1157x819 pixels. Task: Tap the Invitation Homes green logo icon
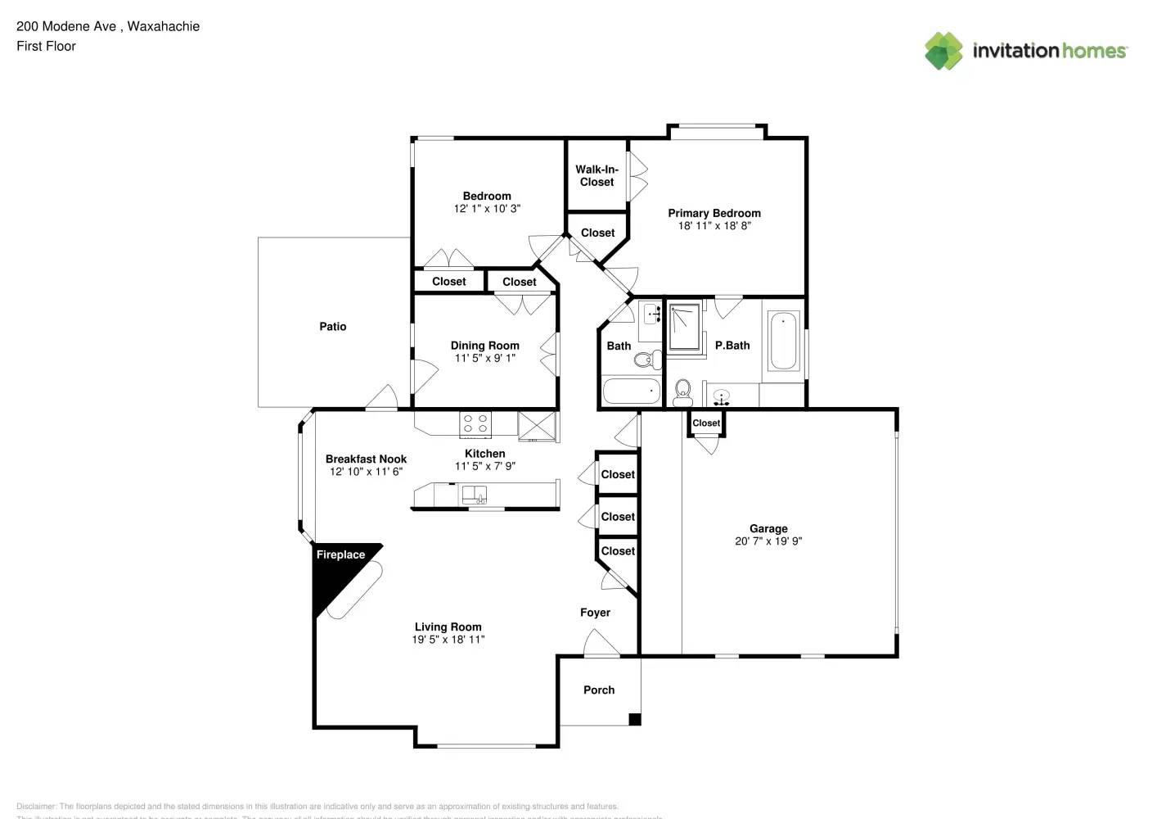tap(943, 51)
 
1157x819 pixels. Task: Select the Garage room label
tap(768, 529)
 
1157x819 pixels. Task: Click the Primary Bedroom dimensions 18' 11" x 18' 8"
tap(714, 226)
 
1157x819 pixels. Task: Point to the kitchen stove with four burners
tap(475, 423)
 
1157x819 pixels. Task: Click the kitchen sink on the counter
tap(474, 495)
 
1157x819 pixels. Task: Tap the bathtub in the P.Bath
tap(784, 341)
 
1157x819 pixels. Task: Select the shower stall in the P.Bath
tap(685, 328)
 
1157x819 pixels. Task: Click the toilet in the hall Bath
tap(649, 359)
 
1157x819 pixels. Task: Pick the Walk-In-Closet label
tap(597, 176)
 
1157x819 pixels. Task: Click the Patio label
tap(332, 327)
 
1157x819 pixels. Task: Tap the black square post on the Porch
tap(634, 720)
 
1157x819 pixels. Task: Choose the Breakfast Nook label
tap(366, 459)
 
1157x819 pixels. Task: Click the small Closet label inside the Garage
tap(706, 423)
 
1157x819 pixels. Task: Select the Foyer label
tap(595, 613)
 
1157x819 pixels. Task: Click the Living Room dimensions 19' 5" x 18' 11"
tap(448, 640)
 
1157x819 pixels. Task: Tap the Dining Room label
tap(484, 346)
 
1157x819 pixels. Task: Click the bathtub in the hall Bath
tap(631, 391)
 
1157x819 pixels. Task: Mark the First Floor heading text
tap(46, 47)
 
